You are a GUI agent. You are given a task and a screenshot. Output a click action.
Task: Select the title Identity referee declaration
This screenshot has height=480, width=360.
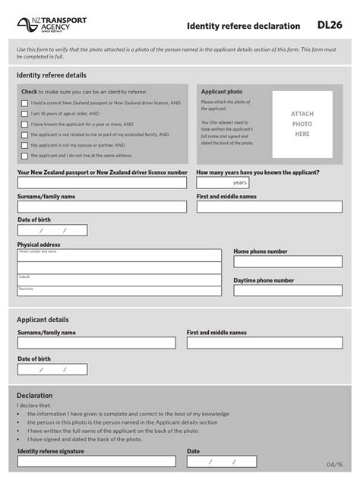(243, 26)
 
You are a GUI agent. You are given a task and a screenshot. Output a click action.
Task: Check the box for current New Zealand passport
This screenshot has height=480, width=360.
(24, 103)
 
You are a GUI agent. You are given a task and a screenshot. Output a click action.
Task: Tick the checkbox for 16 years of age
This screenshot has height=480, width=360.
(24, 113)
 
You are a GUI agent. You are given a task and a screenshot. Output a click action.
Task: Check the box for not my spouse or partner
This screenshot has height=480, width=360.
(24, 144)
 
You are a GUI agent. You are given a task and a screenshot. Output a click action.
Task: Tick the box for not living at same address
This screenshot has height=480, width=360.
(24, 155)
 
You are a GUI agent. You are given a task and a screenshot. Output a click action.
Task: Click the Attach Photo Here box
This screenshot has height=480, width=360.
(302, 124)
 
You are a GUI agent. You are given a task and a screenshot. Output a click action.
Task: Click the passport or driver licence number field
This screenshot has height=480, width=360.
(102, 183)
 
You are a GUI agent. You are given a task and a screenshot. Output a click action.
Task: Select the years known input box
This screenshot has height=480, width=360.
(222, 183)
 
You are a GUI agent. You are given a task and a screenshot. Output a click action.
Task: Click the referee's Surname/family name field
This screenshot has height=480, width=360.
(102, 207)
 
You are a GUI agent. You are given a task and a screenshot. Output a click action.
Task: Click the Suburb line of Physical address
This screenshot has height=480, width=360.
(119, 279)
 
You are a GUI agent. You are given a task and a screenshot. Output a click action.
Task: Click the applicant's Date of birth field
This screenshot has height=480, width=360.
(52, 370)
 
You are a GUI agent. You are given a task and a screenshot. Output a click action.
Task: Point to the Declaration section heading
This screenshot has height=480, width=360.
(35, 396)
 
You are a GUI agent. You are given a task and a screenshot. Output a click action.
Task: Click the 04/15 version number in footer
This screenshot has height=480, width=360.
(335, 464)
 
